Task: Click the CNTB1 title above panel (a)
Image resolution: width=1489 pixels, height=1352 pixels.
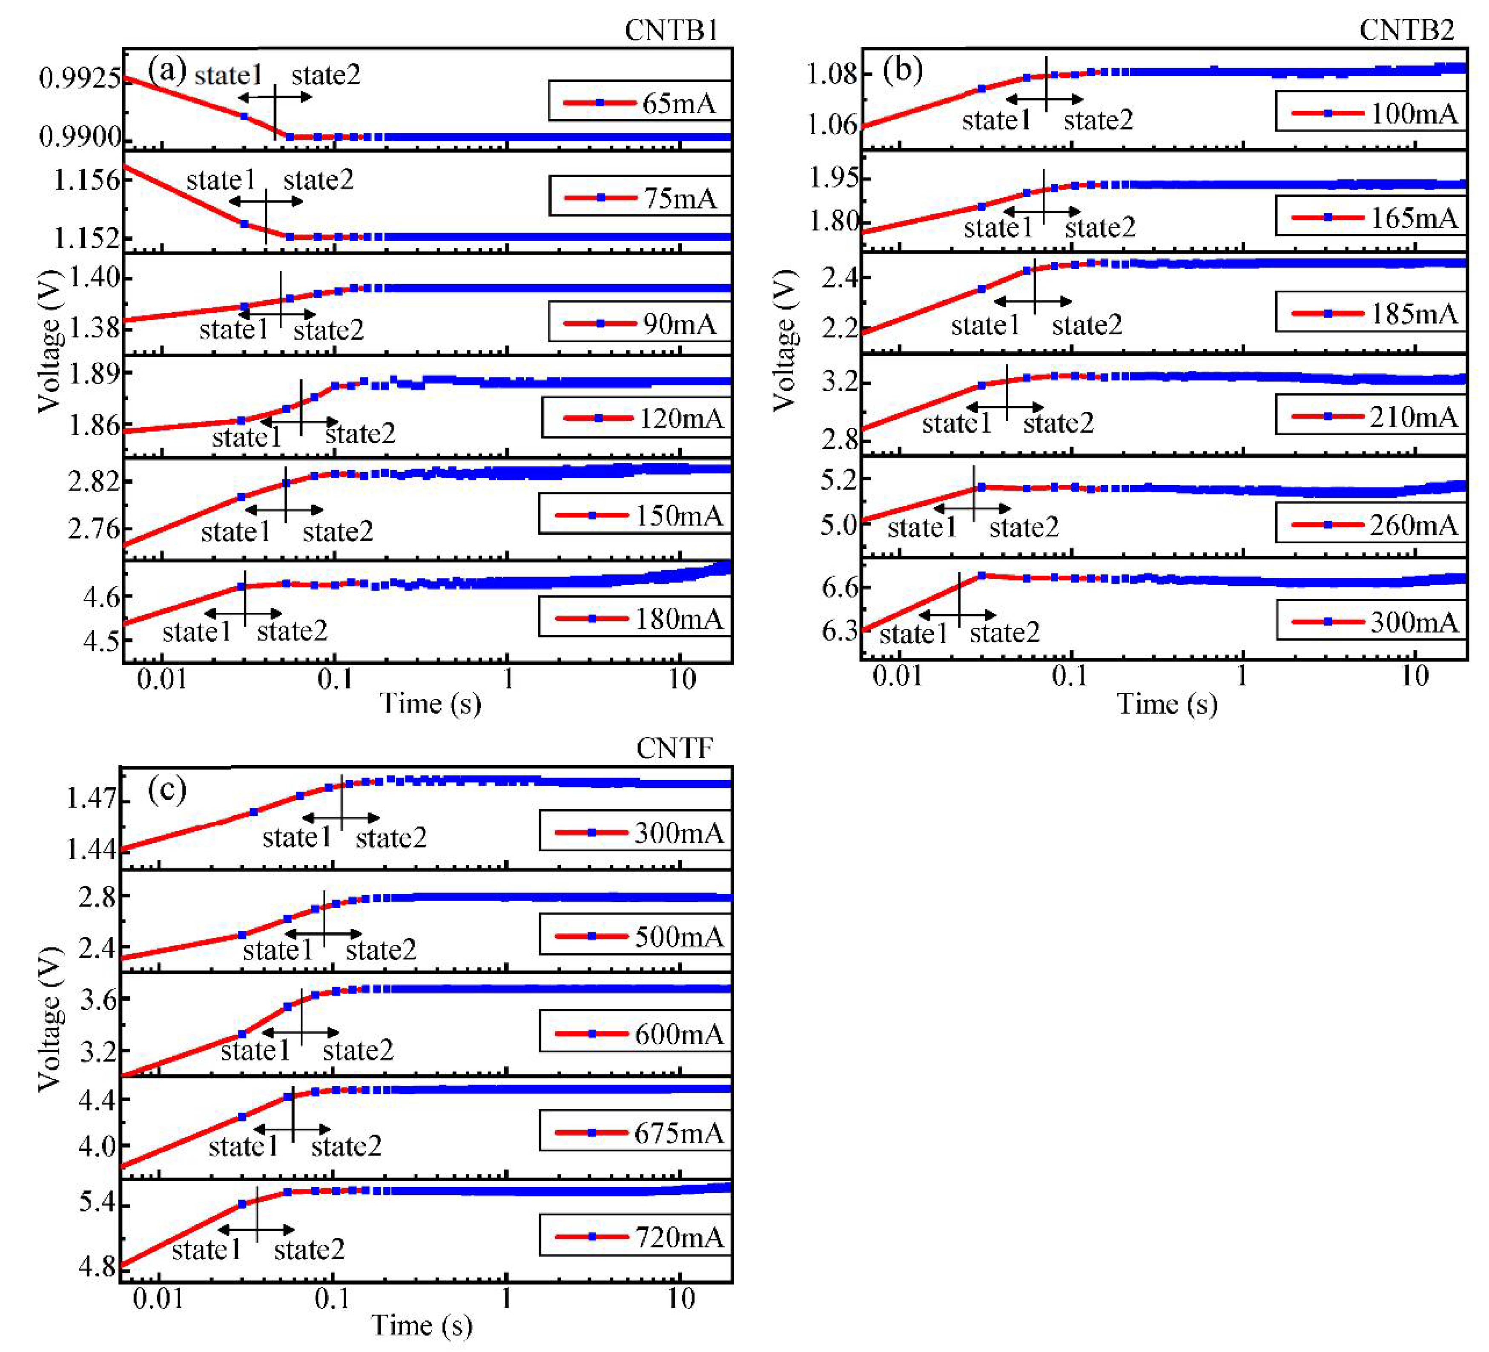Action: [671, 30]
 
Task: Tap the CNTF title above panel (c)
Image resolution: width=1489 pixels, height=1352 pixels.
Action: [674, 749]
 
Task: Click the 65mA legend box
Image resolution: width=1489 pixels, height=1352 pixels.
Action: [640, 102]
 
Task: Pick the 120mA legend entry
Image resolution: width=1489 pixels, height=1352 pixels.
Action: [636, 418]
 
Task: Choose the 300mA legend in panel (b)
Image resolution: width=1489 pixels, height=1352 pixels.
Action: [1371, 621]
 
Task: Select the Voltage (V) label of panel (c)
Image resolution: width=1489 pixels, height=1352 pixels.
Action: [50, 1018]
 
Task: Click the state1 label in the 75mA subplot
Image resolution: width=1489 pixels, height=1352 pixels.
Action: [221, 180]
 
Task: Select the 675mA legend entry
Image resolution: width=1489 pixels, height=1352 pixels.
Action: [635, 1133]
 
